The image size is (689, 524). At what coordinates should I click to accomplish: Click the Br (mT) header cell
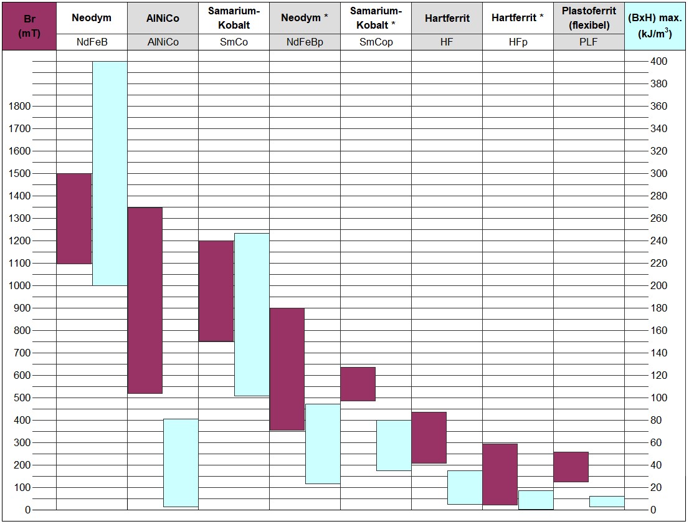[x=29, y=26]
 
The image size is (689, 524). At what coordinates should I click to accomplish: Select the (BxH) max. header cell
[x=656, y=26]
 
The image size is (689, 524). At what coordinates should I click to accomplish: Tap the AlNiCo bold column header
[x=163, y=18]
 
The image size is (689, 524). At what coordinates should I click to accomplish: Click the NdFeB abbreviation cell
[x=92, y=42]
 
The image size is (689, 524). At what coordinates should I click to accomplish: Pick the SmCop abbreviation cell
[x=376, y=42]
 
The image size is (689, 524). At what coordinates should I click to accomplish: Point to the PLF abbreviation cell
[x=589, y=42]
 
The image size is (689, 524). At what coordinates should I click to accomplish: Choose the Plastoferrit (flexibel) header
[x=589, y=18]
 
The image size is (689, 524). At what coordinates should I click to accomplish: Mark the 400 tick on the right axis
[x=658, y=62]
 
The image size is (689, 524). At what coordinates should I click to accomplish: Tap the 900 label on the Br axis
[x=21, y=308]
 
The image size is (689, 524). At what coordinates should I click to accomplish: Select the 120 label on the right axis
[x=658, y=375]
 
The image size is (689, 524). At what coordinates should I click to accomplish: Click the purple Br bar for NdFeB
[x=74, y=218]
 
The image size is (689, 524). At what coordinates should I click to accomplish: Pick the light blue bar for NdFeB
[x=110, y=173]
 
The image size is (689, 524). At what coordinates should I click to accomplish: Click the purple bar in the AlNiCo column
[x=145, y=300]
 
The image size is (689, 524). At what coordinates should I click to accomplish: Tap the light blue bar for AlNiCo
[x=181, y=462]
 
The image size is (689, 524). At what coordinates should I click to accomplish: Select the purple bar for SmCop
[x=358, y=384]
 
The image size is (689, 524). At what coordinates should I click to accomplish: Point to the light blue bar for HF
[x=465, y=487]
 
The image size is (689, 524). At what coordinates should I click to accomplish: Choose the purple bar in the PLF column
[x=571, y=467]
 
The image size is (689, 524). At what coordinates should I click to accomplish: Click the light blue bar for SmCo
[x=252, y=315]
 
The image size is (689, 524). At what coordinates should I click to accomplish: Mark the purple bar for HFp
[x=500, y=474]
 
